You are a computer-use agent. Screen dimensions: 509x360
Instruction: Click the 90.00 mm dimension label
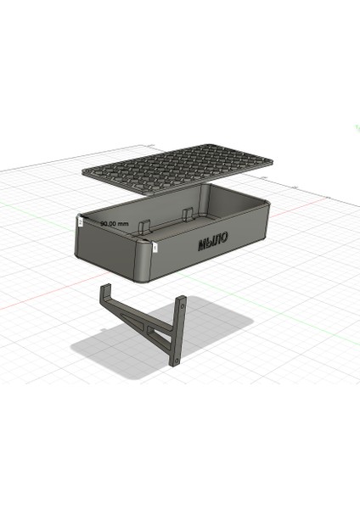[114, 223]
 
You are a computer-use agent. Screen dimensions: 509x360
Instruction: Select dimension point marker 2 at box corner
[80, 220]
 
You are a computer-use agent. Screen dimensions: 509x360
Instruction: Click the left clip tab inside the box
[143, 225]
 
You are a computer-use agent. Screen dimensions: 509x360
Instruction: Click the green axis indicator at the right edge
[355, 127]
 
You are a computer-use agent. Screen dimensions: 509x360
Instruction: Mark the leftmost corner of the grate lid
[84, 171]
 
